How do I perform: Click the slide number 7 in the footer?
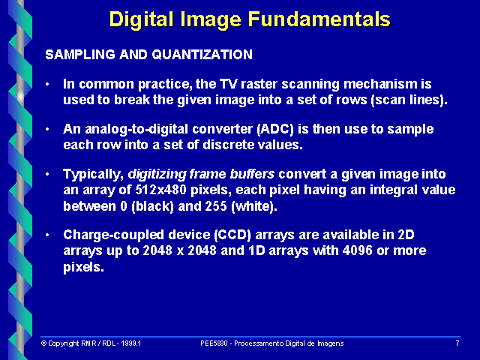(x=457, y=343)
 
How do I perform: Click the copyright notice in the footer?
(x=91, y=343)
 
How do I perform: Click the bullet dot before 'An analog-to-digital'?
(x=49, y=129)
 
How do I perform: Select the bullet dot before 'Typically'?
(x=49, y=174)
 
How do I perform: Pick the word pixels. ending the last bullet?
(x=83, y=266)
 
